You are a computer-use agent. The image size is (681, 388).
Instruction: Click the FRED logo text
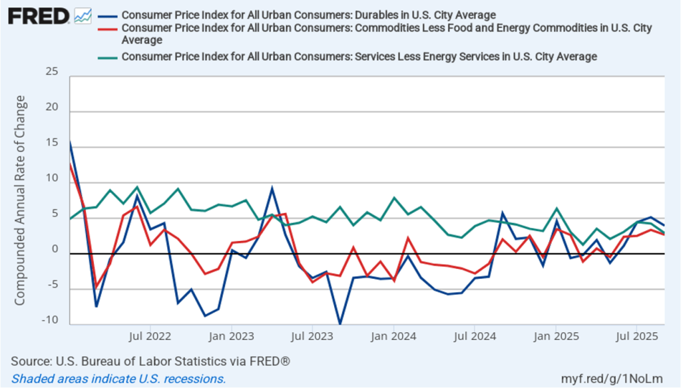tap(38, 15)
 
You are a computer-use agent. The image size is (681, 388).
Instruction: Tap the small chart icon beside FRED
tap(83, 15)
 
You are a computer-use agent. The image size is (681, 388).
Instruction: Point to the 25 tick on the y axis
tap(52, 71)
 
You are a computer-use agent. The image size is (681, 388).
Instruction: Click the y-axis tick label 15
tap(52, 143)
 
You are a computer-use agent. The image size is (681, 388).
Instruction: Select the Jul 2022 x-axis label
tap(148, 335)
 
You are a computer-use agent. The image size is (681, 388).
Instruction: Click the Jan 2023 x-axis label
tap(230, 335)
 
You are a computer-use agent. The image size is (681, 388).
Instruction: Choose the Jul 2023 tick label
tap(312, 335)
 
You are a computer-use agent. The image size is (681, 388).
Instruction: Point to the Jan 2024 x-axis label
tap(393, 335)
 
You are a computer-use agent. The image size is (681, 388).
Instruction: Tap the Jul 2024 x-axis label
tap(475, 335)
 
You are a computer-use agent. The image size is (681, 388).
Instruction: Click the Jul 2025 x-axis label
tap(638, 335)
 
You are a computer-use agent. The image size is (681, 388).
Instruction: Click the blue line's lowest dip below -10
tap(340, 323)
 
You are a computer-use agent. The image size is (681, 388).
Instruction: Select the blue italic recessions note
tap(118, 378)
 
